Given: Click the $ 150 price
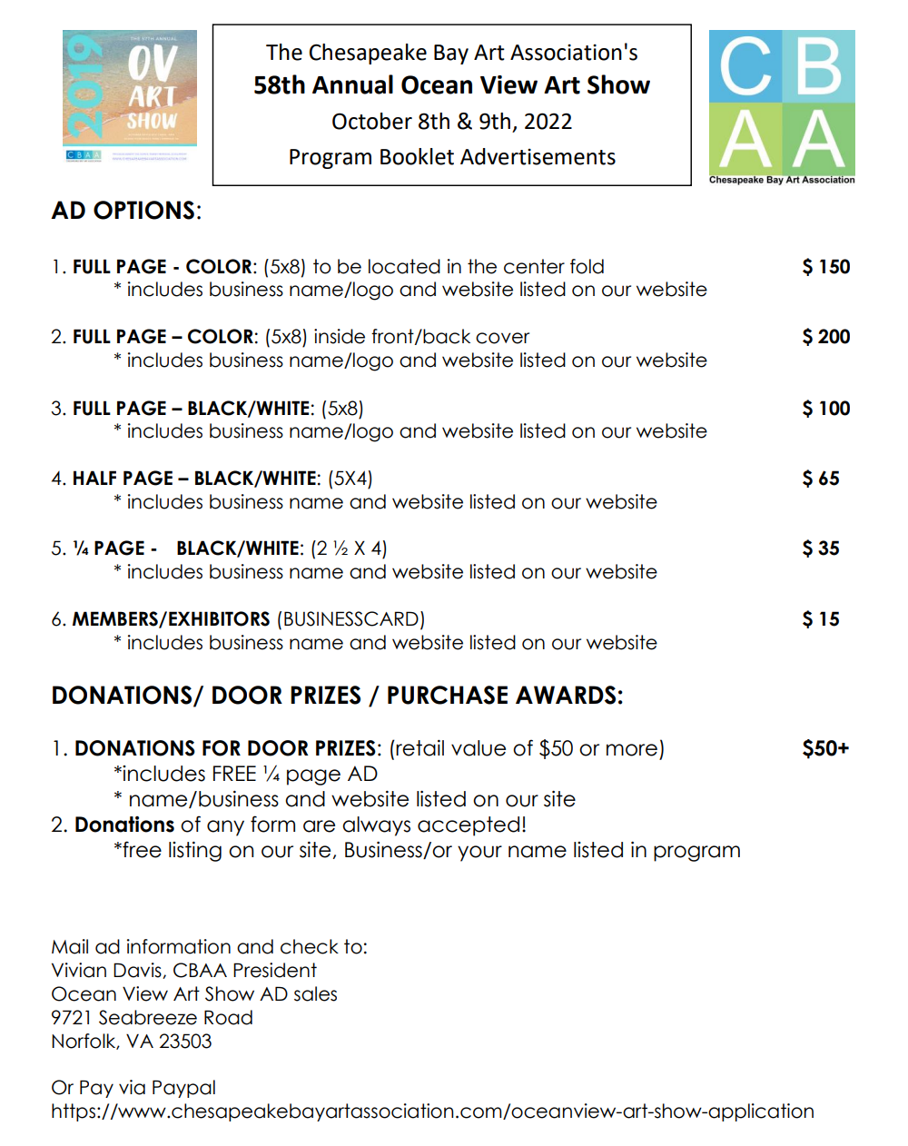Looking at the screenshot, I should pos(825,267).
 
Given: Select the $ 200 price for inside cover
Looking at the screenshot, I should pos(825,337).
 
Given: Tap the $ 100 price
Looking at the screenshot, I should pos(825,409).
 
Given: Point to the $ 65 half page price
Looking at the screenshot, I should pos(820,479).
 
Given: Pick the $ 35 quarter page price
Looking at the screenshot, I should pos(820,548).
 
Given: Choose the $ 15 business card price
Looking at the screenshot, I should pos(820,619).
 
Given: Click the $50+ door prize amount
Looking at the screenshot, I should pos(824,748).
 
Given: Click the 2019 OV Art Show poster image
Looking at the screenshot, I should pos(129,95).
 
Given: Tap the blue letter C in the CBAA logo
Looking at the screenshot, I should pos(745,66).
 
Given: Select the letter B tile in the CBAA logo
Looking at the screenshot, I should pos(818,66).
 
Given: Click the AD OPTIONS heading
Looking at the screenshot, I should pos(126,211).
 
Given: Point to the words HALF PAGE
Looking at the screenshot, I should pos(123,479).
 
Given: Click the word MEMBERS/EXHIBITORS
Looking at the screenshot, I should pos(171,619).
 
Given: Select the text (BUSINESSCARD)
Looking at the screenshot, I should pos(350,619).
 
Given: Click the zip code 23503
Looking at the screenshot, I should pos(185,1042).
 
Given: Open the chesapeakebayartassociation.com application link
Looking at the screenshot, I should pos(432,1111).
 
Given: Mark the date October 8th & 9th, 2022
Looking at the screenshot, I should pos(451,122).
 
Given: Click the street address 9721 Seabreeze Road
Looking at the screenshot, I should pos(152,1018).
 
